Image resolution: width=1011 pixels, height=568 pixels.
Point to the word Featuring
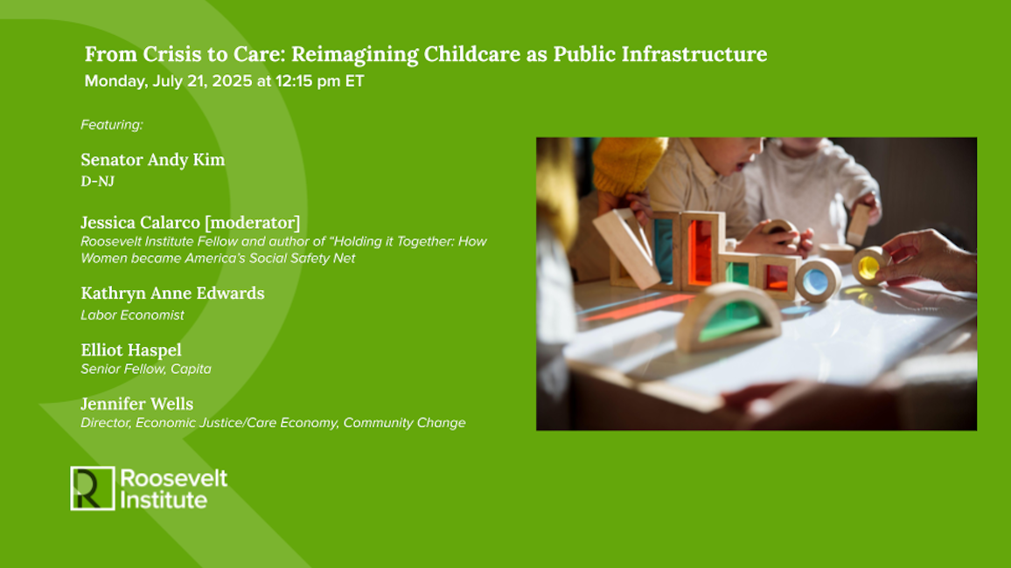[112, 125]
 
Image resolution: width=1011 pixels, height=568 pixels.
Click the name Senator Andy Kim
[153, 160]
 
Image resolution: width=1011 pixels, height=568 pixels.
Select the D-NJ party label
[97, 182]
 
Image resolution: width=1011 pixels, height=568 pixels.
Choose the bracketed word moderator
[252, 223]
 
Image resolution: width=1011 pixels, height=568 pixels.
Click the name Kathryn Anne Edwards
[173, 294]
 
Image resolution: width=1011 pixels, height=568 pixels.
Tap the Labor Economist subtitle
[132, 315]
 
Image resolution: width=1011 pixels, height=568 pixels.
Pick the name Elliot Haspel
[131, 350]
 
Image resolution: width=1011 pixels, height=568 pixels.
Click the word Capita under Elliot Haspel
[191, 369]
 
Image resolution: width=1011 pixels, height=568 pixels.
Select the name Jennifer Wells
[136, 405]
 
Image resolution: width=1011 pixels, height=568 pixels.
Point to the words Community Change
[404, 423]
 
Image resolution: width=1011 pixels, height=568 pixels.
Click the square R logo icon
[92, 488]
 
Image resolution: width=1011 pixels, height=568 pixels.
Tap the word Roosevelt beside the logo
[173, 479]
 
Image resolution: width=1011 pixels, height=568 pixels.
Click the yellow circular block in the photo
[870, 266]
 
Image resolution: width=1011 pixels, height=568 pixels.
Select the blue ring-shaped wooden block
[818, 281]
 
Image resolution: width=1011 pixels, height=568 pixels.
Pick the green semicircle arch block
[729, 317]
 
